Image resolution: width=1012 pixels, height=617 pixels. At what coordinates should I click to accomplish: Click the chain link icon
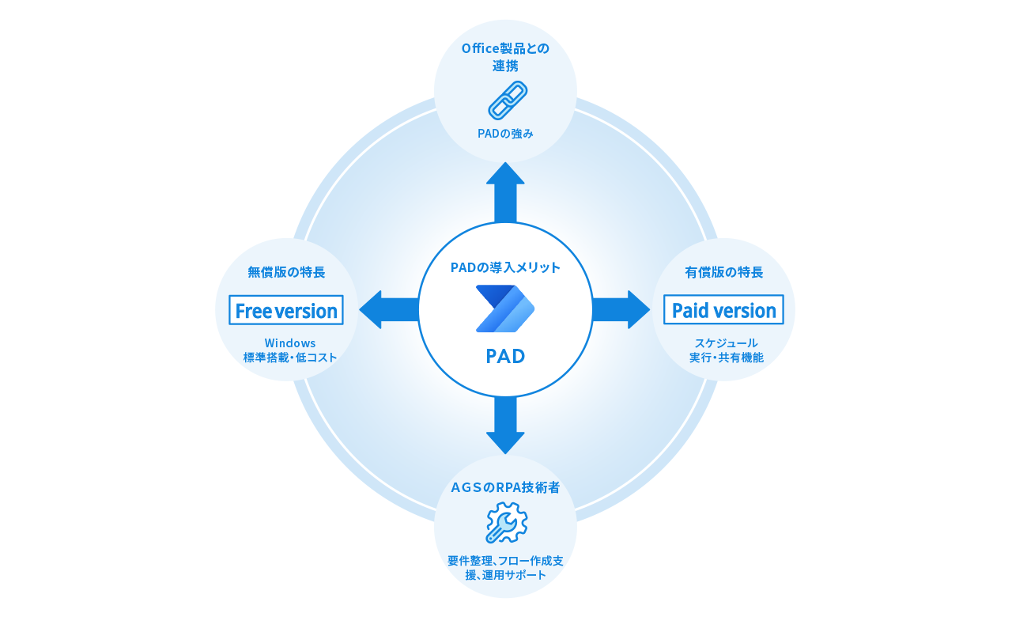[506, 100]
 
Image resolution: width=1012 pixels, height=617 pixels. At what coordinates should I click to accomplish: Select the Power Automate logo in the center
[505, 308]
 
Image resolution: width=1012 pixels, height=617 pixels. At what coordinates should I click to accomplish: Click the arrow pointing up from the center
[505, 191]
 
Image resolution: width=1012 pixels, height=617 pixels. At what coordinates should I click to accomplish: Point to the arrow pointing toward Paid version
[621, 309]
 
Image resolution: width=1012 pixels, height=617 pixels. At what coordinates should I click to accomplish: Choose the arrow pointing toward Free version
[389, 309]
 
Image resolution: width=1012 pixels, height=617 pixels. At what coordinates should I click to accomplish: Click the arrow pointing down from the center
[505, 425]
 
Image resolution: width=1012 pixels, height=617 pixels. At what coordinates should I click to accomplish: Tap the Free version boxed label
[286, 310]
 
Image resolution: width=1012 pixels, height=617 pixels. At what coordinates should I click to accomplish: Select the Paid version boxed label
[723, 310]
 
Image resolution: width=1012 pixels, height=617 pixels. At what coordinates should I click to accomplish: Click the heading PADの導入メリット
[505, 267]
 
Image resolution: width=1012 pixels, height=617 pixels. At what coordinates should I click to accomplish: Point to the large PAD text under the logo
[505, 356]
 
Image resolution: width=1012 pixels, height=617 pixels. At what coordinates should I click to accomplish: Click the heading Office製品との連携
[505, 56]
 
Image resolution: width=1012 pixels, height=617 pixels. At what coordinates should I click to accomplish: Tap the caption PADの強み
[505, 133]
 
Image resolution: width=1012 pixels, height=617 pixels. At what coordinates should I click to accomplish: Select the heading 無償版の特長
[286, 272]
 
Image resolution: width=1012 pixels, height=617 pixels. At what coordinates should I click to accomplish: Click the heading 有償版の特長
[723, 272]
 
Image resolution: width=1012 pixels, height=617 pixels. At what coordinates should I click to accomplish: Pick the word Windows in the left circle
[290, 343]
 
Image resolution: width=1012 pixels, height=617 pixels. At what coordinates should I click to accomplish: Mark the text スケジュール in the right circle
[726, 343]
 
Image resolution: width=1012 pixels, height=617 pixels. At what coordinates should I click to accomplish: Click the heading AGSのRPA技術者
[505, 487]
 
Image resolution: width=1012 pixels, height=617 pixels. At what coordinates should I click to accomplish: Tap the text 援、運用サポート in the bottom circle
[505, 575]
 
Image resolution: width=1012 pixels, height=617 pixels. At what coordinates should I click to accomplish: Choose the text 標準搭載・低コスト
[290, 358]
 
